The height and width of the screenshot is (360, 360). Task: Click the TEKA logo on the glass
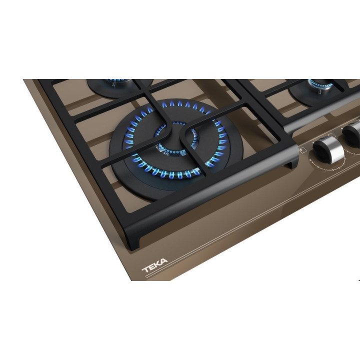click(154, 265)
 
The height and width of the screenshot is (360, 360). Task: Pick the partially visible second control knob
click(351, 134)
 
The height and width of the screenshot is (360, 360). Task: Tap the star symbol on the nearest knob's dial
click(310, 159)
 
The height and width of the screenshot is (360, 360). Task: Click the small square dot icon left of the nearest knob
click(301, 150)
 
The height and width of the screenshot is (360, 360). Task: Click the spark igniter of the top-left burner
click(113, 84)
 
